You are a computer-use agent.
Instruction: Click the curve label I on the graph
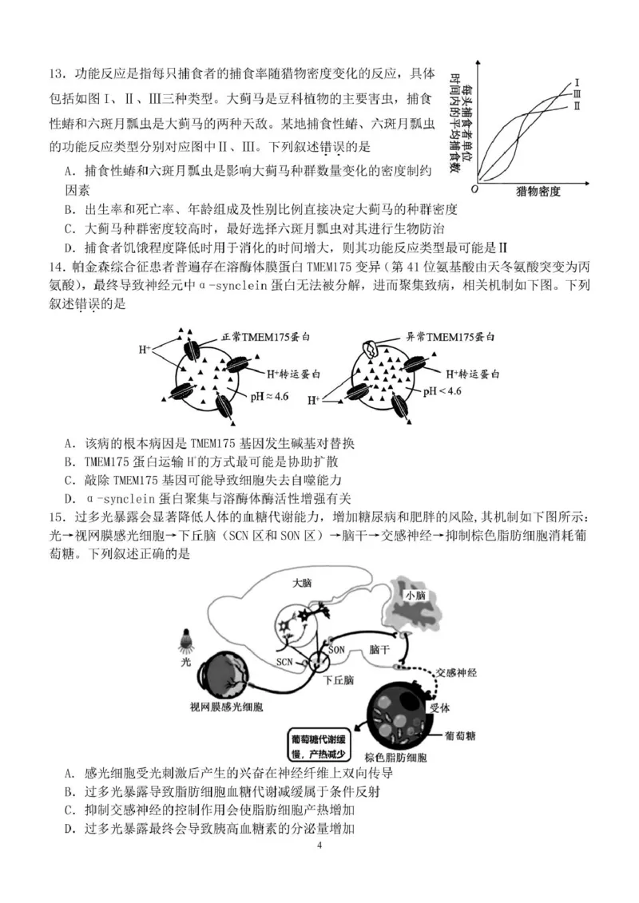click(577, 81)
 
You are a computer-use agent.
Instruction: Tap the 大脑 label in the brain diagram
click(302, 582)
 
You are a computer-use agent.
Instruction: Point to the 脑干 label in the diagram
click(379, 650)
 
